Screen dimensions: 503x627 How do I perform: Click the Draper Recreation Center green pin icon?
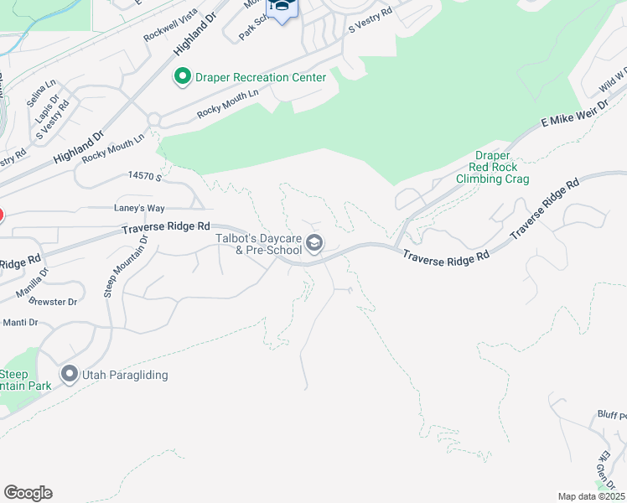coord(181,78)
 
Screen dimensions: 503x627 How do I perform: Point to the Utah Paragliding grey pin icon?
coord(69,375)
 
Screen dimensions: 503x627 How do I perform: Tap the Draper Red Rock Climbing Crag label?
coord(492,167)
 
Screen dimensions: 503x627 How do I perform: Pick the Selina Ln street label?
coord(40,92)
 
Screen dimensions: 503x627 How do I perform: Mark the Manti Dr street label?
coord(21,322)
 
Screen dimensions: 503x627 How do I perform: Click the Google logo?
coord(28,493)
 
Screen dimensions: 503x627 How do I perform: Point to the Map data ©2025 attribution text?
coord(591,496)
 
